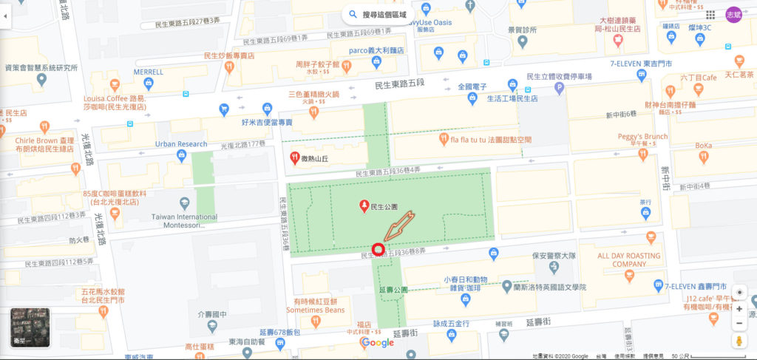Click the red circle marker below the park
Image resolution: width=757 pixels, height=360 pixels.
(x=378, y=249)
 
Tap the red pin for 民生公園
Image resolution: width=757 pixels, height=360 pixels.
(x=364, y=206)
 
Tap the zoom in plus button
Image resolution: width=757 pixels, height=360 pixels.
(x=739, y=308)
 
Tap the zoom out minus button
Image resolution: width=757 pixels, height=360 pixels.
(x=739, y=324)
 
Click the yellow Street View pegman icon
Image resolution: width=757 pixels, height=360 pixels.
(x=739, y=342)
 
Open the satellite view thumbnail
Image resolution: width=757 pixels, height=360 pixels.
(x=30, y=327)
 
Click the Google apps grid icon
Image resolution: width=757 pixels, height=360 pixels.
(x=710, y=15)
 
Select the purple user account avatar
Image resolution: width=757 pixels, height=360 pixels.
(x=733, y=15)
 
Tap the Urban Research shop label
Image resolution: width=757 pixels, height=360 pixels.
(x=181, y=143)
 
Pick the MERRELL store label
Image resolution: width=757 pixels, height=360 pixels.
(x=148, y=72)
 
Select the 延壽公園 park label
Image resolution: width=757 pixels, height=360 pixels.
(x=393, y=290)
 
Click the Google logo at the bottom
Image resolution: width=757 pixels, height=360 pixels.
(x=377, y=342)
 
